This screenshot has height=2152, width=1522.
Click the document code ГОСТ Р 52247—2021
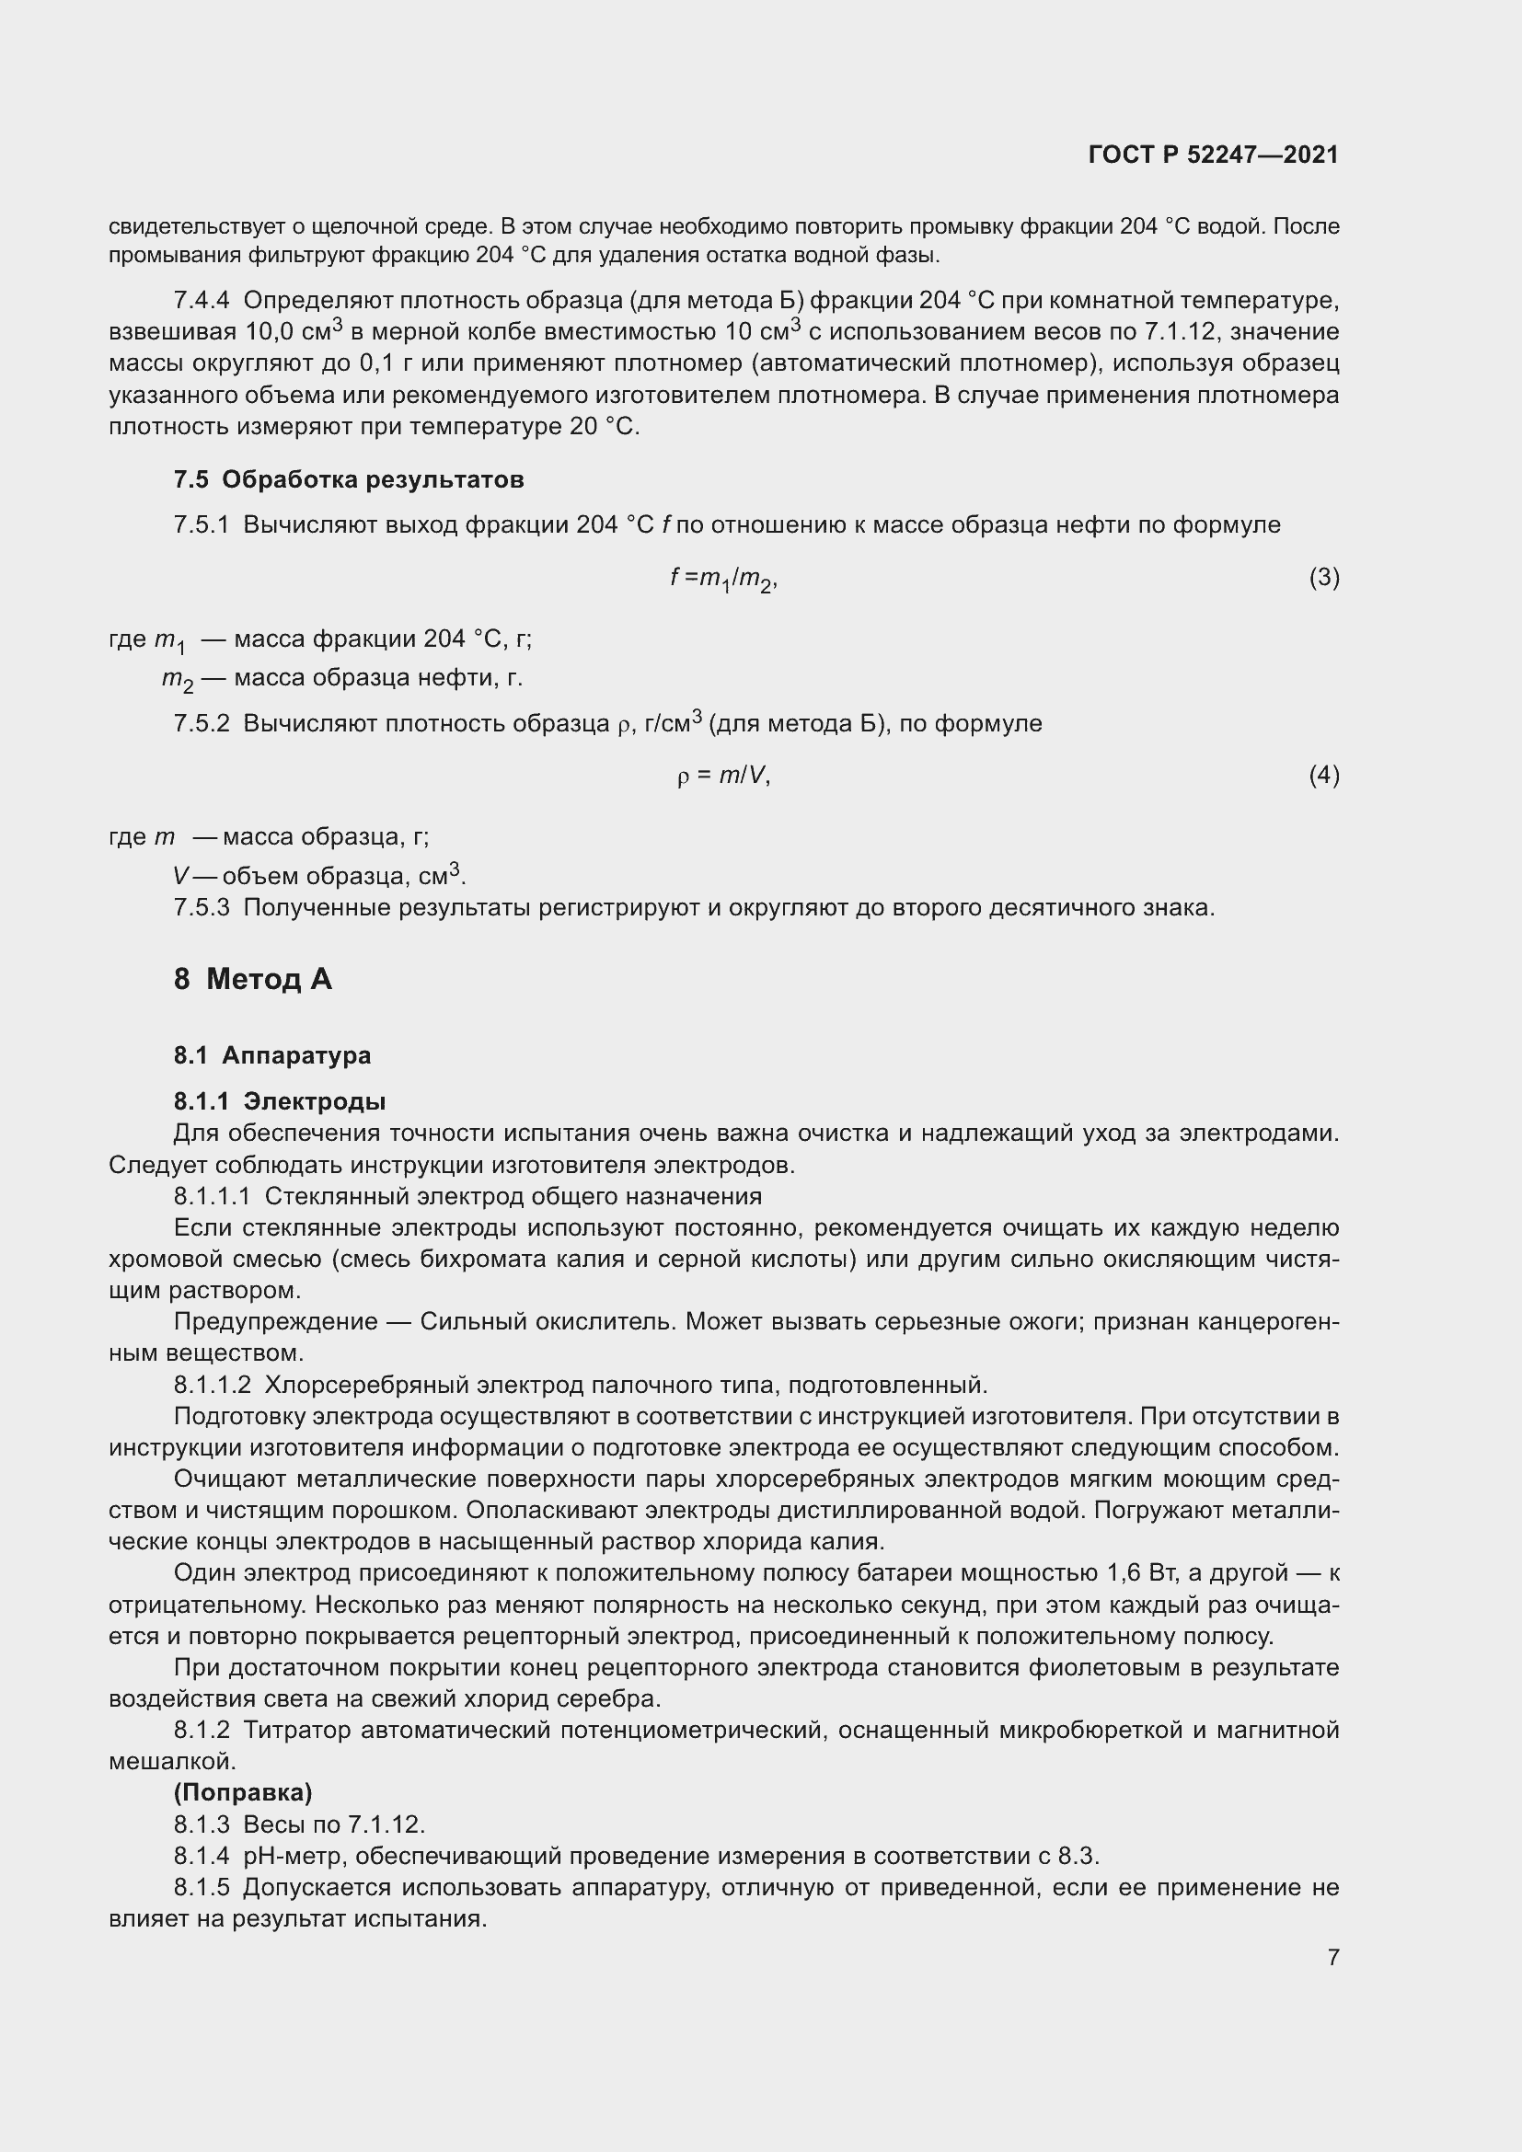click(x=1214, y=155)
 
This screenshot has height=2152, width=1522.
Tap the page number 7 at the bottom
click(x=1332, y=1957)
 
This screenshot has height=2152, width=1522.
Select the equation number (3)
click(x=1323, y=578)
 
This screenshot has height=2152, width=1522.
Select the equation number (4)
click(x=1323, y=775)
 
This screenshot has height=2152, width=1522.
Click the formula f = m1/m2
click(x=723, y=580)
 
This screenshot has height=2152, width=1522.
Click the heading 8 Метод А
click(x=253, y=980)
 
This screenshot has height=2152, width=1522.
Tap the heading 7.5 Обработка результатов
click(x=349, y=480)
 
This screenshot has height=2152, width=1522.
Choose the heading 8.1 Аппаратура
click(x=271, y=1055)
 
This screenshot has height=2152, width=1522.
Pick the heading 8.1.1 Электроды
click(x=280, y=1101)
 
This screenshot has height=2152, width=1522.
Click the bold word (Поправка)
click(x=243, y=1792)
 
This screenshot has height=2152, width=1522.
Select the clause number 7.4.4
click(x=202, y=301)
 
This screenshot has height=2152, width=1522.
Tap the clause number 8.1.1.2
click(x=213, y=1385)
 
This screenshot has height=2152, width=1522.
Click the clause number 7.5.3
click(x=202, y=908)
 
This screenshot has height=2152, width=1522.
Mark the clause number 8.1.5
click(x=202, y=1887)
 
